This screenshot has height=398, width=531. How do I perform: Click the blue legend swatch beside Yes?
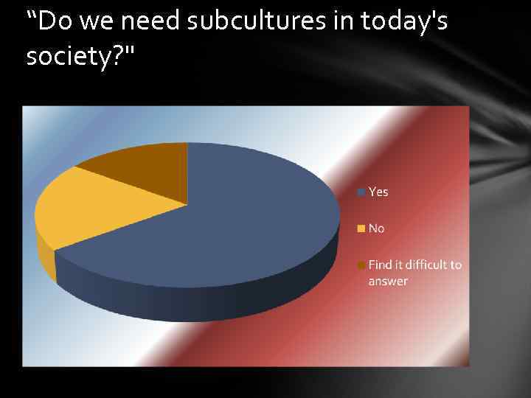coord(361,192)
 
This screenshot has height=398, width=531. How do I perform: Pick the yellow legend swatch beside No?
coord(361,229)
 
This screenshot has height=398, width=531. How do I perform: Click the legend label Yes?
coord(378,192)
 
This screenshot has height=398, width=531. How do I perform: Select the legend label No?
coord(376,228)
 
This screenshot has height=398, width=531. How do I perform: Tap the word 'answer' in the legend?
coord(388,282)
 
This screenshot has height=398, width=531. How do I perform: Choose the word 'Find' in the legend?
coord(380,265)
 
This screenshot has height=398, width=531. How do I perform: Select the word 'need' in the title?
coord(150,22)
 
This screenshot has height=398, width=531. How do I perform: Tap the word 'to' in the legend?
coord(456,265)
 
